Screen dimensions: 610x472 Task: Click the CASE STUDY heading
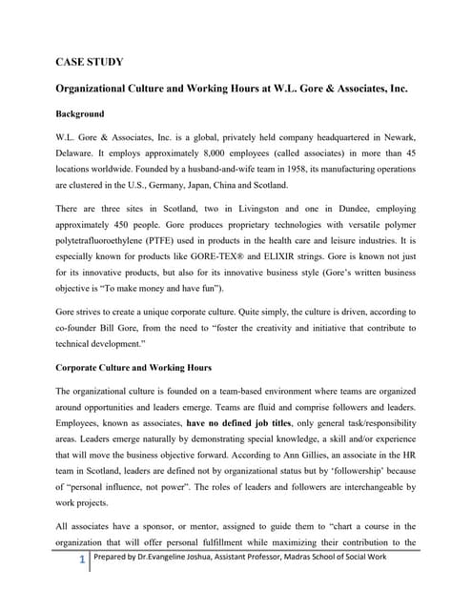pyautogui.click(x=88, y=64)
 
